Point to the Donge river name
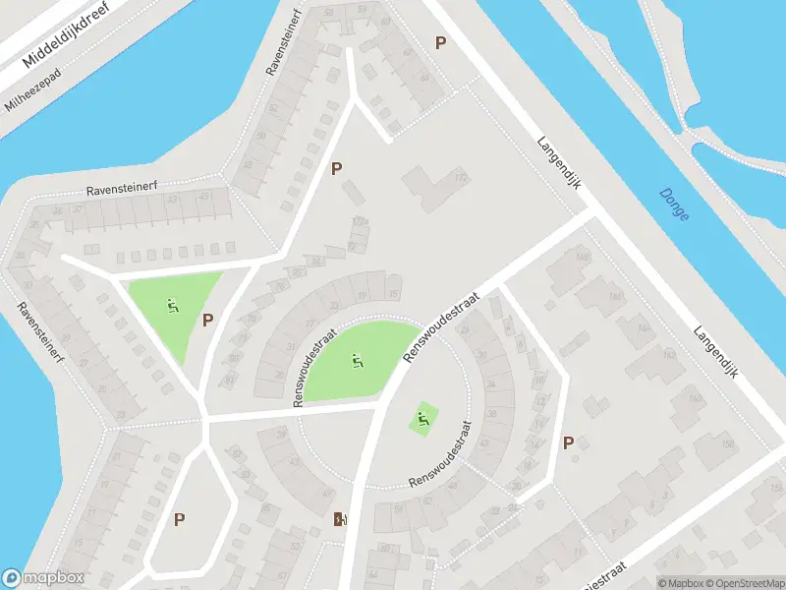tap(674, 205)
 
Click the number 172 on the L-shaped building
tap(460, 178)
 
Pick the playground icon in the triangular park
tap(173, 306)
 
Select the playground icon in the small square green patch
tap(422, 420)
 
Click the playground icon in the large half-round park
tap(357, 361)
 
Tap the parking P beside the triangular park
tap(207, 320)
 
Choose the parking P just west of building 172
tap(337, 168)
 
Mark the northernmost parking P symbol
tap(441, 42)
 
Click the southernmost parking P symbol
tap(180, 519)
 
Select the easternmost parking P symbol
tap(569, 442)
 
